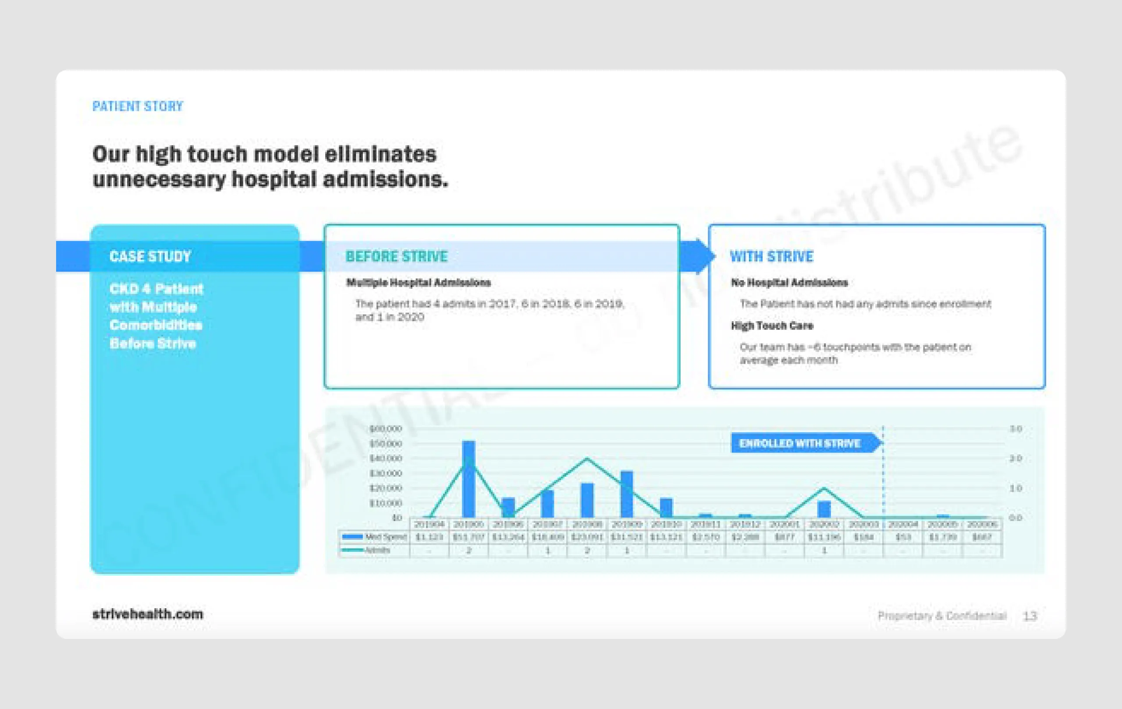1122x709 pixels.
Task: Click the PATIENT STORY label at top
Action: (x=138, y=106)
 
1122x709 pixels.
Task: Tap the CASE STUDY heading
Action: (x=150, y=256)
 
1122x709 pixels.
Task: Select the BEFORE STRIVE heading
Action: (x=397, y=256)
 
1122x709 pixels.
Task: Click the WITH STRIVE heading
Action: (x=772, y=256)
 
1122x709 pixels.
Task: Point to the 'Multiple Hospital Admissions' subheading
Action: (x=419, y=282)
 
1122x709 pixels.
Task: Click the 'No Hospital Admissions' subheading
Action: (x=789, y=282)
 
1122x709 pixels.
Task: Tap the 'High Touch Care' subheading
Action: (x=772, y=326)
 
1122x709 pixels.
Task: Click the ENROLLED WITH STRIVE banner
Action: (x=799, y=443)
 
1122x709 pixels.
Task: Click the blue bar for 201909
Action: (x=627, y=494)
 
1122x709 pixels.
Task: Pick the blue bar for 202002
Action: (x=824, y=509)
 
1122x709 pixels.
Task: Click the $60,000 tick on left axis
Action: (x=385, y=429)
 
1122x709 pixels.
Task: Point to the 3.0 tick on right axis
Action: (x=1016, y=429)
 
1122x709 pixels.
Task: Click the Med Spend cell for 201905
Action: (x=469, y=537)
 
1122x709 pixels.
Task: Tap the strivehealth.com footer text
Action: (x=148, y=614)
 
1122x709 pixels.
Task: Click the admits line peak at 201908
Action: (x=587, y=459)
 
